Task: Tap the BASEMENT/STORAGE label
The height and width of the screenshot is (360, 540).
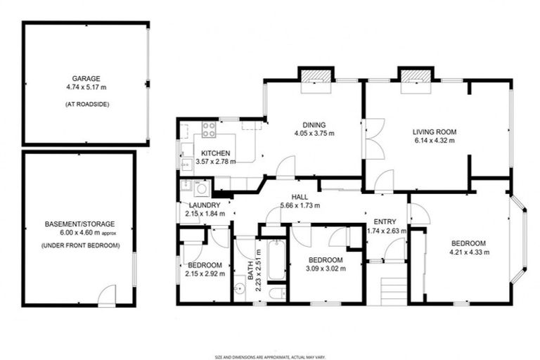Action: (x=79, y=224)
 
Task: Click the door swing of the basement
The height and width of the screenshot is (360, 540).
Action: (x=106, y=296)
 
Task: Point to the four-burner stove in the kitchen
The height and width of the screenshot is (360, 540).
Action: (x=209, y=129)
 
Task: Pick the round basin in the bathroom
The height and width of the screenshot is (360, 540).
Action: (x=239, y=288)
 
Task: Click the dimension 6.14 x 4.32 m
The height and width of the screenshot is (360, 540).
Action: (x=435, y=141)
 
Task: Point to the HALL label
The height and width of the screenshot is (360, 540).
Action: (x=299, y=197)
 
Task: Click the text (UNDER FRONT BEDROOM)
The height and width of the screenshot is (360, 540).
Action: (x=79, y=245)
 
